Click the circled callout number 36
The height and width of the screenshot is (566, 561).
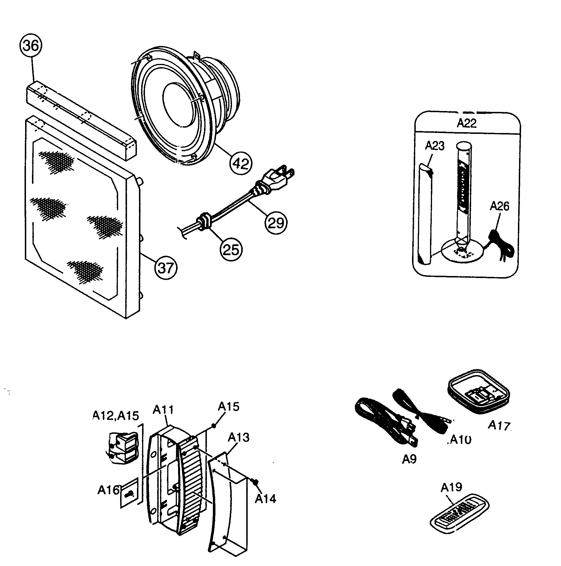(x=31, y=46)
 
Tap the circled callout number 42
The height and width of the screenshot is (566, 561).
(x=241, y=164)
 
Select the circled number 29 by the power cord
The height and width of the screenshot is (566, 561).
(x=276, y=223)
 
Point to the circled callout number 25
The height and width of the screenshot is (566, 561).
(x=231, y=249)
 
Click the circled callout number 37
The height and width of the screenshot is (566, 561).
(x=166, y=268)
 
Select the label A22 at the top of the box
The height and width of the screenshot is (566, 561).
(x=466, y=123)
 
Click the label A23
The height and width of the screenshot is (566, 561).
(x=435, y=145)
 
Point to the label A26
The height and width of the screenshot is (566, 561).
(x=499, y=206)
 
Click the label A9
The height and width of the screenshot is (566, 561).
(x=409, y=459)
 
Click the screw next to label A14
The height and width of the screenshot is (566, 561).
(x=254, y=481)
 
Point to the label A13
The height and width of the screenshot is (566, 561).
(x=239, y=437)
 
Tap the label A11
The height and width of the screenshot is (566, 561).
(x=163, y=410)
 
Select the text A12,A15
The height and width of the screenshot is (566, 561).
(x=115, y=415)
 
